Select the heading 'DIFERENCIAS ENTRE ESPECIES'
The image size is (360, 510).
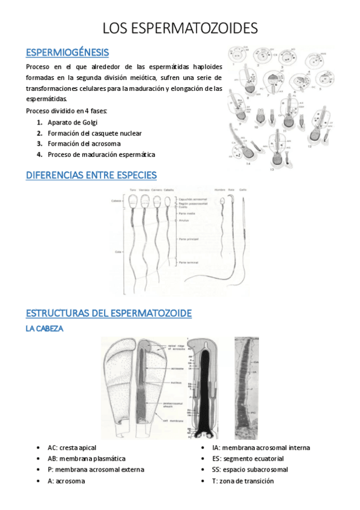click(91, 175)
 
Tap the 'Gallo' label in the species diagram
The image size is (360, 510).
click(243, 190)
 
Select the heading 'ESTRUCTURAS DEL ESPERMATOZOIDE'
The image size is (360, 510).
click(109, 313)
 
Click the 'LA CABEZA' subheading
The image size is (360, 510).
click(45, 329)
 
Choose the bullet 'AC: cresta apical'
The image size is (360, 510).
click(72, 448)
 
